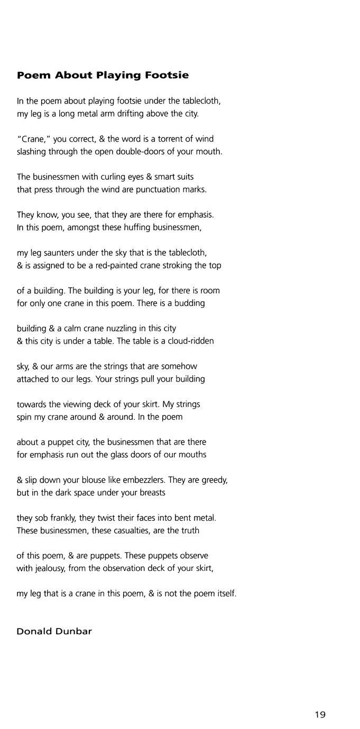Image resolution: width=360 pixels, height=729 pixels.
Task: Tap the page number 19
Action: pyautogui.click(x=320, y=715)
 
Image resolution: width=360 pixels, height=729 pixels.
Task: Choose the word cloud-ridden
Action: pyautogui.click(x=189, y=341)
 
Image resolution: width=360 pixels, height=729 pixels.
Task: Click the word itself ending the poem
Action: pyautogui.click(x=226, y=594)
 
